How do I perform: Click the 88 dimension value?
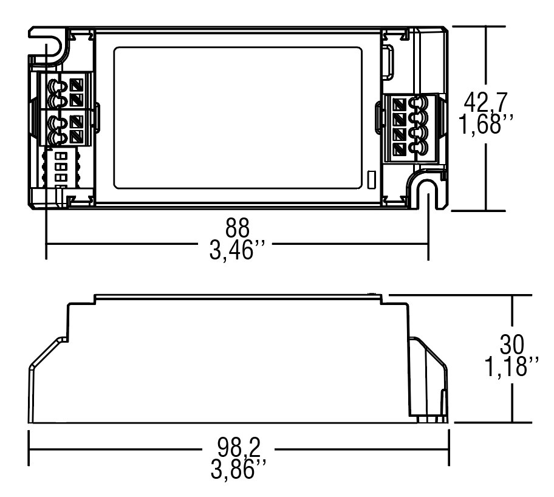[238, 230]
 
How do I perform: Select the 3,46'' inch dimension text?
[238, 250]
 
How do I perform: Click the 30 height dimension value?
[512, 344]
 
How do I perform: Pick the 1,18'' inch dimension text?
[511, 368]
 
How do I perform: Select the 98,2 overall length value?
[238, 448]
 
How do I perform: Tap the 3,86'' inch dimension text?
[238, 468]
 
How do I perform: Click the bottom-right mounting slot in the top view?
[429, 193]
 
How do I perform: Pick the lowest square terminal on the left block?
[77, 136]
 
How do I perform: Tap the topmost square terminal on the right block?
[398, 104]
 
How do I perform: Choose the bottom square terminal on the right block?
[398, 148]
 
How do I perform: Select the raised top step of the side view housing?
[238, 298]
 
